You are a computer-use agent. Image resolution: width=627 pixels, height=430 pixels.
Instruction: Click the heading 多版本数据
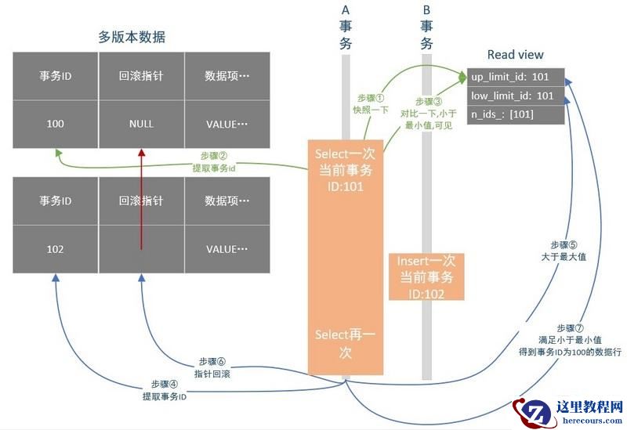coord(132,37)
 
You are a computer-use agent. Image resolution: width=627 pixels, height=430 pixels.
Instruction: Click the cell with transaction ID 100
coord(56,124)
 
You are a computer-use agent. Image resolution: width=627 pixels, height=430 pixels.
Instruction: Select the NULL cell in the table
coord(141,124)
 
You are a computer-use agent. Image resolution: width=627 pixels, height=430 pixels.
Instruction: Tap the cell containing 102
coord(56,249)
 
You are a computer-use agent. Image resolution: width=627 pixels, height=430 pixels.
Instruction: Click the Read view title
coord(515,55)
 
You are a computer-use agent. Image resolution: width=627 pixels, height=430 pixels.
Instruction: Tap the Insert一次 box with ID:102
coord(426,276)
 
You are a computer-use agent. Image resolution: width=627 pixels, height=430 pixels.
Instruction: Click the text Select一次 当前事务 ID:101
coord(345,168)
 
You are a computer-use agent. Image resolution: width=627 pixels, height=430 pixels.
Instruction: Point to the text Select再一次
coord(345,344)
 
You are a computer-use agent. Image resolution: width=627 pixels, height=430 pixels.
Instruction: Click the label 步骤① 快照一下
coord(371,103)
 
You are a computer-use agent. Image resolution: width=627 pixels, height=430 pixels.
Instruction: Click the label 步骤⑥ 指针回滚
coord(212,367)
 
